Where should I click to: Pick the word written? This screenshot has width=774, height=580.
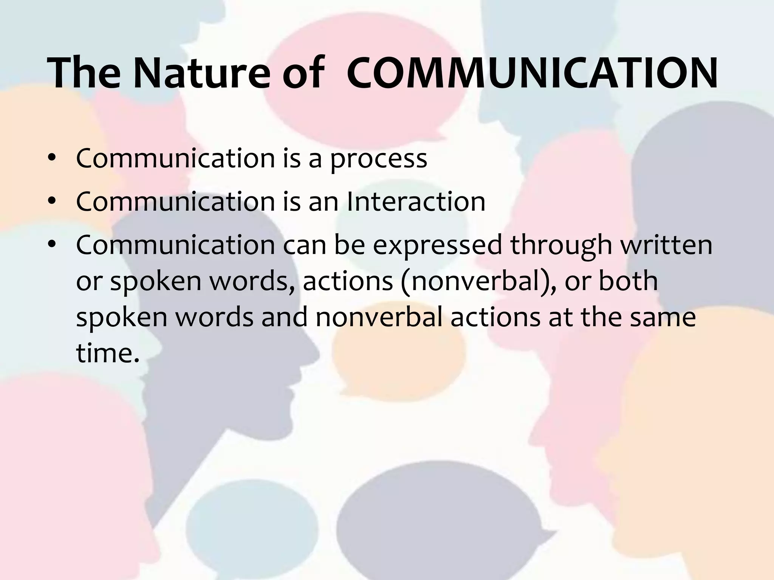[668, 245]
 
